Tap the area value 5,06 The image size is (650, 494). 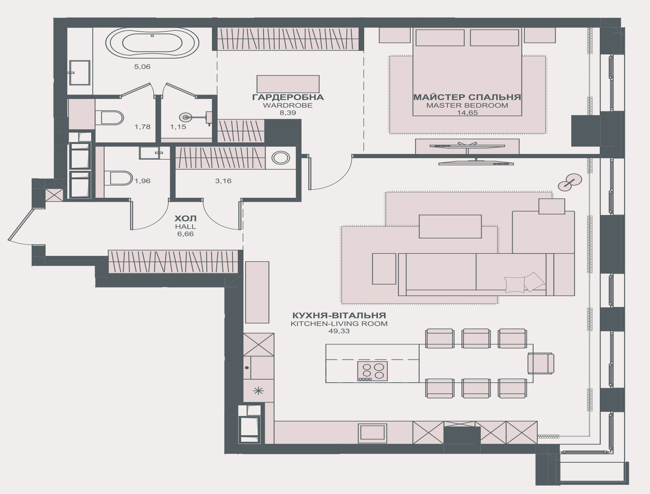click(x=142, y=67)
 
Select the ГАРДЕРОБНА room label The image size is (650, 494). click(x=288, y=97)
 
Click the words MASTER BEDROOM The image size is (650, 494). click(x=467, y=105)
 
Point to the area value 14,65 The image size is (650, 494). click(x=467, y=113)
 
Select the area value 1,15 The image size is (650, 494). click(x=178, y=127)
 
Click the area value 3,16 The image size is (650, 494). click(x=223, y=181)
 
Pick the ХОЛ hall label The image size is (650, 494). click(x=185, y=218)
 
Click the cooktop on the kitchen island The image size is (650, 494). click(x=373, y=371)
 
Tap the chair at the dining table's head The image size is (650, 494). click(x=541, y=363)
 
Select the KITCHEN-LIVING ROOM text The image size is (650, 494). click(x=339, y=324)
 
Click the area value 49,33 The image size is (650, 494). click(x=339, y=331)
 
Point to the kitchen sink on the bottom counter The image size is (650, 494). click(x=373, y=432)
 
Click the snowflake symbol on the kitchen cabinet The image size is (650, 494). click(x=258, y=391)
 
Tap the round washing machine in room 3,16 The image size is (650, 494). click(x=281, y=158)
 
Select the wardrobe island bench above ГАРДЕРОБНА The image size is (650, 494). click(x=288, y=84)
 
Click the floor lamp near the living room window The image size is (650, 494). click(x=570, y=183)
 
